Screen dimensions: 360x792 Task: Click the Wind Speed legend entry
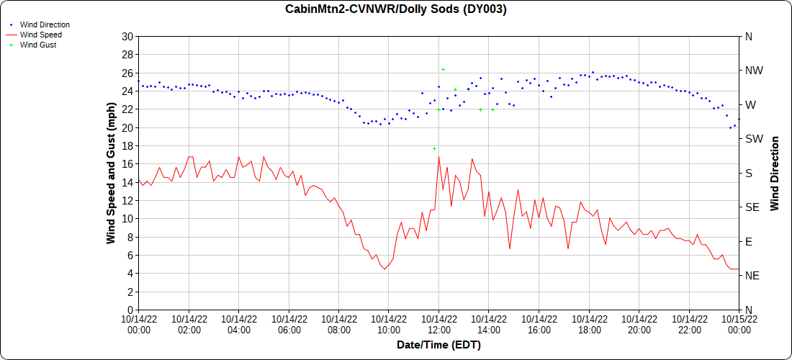[40, 35]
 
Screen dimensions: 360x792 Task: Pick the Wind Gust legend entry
[38, 45]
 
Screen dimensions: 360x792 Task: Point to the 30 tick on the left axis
[127, 37]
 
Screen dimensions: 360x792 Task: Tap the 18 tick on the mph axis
[127, 146]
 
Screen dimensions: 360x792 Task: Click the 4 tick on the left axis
[130, 274]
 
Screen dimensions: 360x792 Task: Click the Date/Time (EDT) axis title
[438, 345]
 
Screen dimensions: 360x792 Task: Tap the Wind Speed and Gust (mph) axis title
[111, 173]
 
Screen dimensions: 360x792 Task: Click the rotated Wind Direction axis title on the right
[775, 173]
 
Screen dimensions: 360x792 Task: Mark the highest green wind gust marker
[443, 69]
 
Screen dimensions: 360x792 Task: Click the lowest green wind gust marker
[435, 148]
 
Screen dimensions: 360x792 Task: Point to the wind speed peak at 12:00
[438, 157]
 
